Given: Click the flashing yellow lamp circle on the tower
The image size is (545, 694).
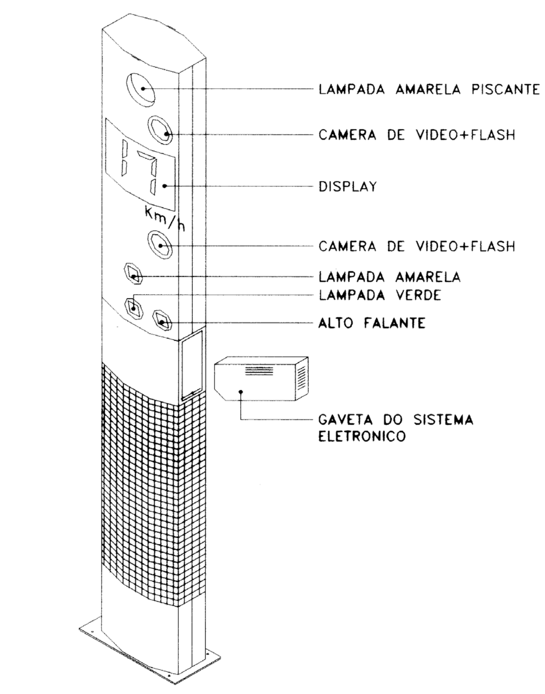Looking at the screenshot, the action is (x=141, y=89).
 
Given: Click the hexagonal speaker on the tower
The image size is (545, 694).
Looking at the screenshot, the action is (x=163, y=321).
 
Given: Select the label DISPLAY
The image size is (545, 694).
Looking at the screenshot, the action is (x=348, y=187).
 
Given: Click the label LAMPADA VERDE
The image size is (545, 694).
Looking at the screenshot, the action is (x=380, y=295).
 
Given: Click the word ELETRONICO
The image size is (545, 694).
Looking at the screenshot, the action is (x=362, y=437).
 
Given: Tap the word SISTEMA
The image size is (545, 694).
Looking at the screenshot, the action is (x=444, y=420).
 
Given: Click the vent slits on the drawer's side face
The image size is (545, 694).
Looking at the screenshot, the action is (x=301, y=378).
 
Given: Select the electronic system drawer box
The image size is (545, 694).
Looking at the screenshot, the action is (x=261, y=379).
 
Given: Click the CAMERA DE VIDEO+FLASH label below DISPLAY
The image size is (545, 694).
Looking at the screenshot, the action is (x=417, y=246).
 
